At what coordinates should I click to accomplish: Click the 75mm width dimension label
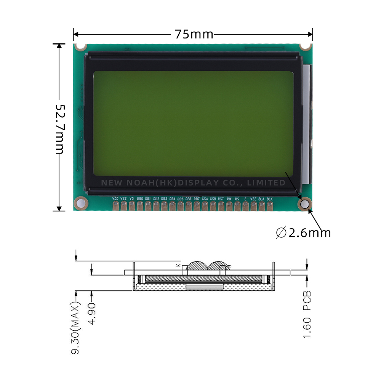194,34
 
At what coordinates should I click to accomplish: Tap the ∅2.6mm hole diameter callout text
304,232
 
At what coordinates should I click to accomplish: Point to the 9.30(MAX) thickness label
76,328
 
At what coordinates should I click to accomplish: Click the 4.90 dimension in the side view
91,314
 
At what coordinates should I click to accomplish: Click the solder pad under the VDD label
115,206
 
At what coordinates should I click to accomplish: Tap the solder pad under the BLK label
270,206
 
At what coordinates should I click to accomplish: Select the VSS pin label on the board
123,199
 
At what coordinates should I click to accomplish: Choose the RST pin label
221,199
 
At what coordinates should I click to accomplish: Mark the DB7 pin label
197,199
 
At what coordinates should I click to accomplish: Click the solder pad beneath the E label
245,206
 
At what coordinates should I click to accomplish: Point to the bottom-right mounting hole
305,204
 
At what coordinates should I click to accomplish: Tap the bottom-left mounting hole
80,203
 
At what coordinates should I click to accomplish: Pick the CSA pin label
205,199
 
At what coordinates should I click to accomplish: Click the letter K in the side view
178,264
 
